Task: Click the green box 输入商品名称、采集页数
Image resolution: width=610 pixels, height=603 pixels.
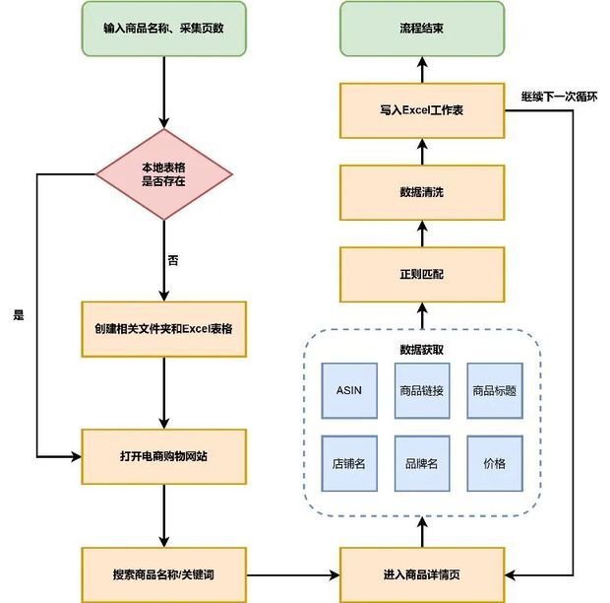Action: click(x=163, y=29)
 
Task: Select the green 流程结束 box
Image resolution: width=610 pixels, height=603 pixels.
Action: click(x=422, y=29)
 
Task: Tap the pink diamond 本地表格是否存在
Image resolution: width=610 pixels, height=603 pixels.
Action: click(x=163, y=174)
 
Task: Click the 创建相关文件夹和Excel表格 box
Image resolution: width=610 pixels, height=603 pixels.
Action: click(x=163, y=329)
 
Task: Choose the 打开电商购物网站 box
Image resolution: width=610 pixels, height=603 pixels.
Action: click(x=163, y=456)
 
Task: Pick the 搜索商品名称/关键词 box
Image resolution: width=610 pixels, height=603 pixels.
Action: click(x=163, y=575)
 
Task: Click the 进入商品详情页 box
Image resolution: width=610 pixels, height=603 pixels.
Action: click(x=422, y=575)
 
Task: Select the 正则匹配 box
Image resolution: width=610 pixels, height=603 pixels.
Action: click(x=422, y=274)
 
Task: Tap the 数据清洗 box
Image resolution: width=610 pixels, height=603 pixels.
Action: click(x=422, y=192)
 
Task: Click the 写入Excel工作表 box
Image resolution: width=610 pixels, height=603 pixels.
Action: click(x=422, y=110)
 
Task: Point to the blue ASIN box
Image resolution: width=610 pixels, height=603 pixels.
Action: click(x=349, y=391)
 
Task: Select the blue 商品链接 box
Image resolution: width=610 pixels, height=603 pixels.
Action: click(x=422, y=391)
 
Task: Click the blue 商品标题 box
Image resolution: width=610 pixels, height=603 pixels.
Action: click(x=495, y=391)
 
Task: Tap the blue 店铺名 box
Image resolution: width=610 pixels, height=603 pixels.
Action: click(x=349, y=463)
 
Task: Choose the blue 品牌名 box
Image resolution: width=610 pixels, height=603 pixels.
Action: click(x=422, y=463)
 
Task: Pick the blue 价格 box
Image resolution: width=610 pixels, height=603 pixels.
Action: click(x=495, y=463)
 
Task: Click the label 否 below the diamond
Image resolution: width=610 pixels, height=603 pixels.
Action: click(x=173, y=260)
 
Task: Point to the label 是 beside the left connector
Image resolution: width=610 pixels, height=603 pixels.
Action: click(x=19, y=314)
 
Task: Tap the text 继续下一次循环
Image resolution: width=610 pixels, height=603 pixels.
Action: click(x=560, y=97)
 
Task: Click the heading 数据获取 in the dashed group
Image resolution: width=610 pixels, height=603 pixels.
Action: click(x=422, y=350)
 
